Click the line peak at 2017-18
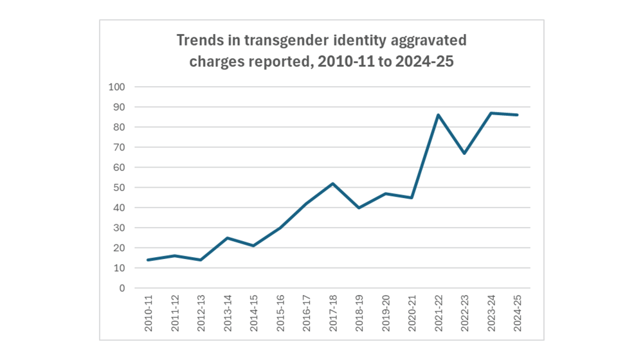tap(332, 183)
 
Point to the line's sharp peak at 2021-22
tap(438, 115)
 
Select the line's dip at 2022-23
tap(464, 153)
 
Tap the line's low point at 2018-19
tap(359, 208)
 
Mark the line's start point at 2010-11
tap(149, 260)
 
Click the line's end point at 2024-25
tap(517, 115)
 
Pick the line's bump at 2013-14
tap(228, 238)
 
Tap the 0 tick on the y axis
tap(121, 288)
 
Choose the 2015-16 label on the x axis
tap(280, 314)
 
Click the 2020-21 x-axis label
tap(412, 314)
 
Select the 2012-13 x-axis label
tap(201, 314)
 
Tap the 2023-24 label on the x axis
tap(491, 314)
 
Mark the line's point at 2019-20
tap(386, 194)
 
